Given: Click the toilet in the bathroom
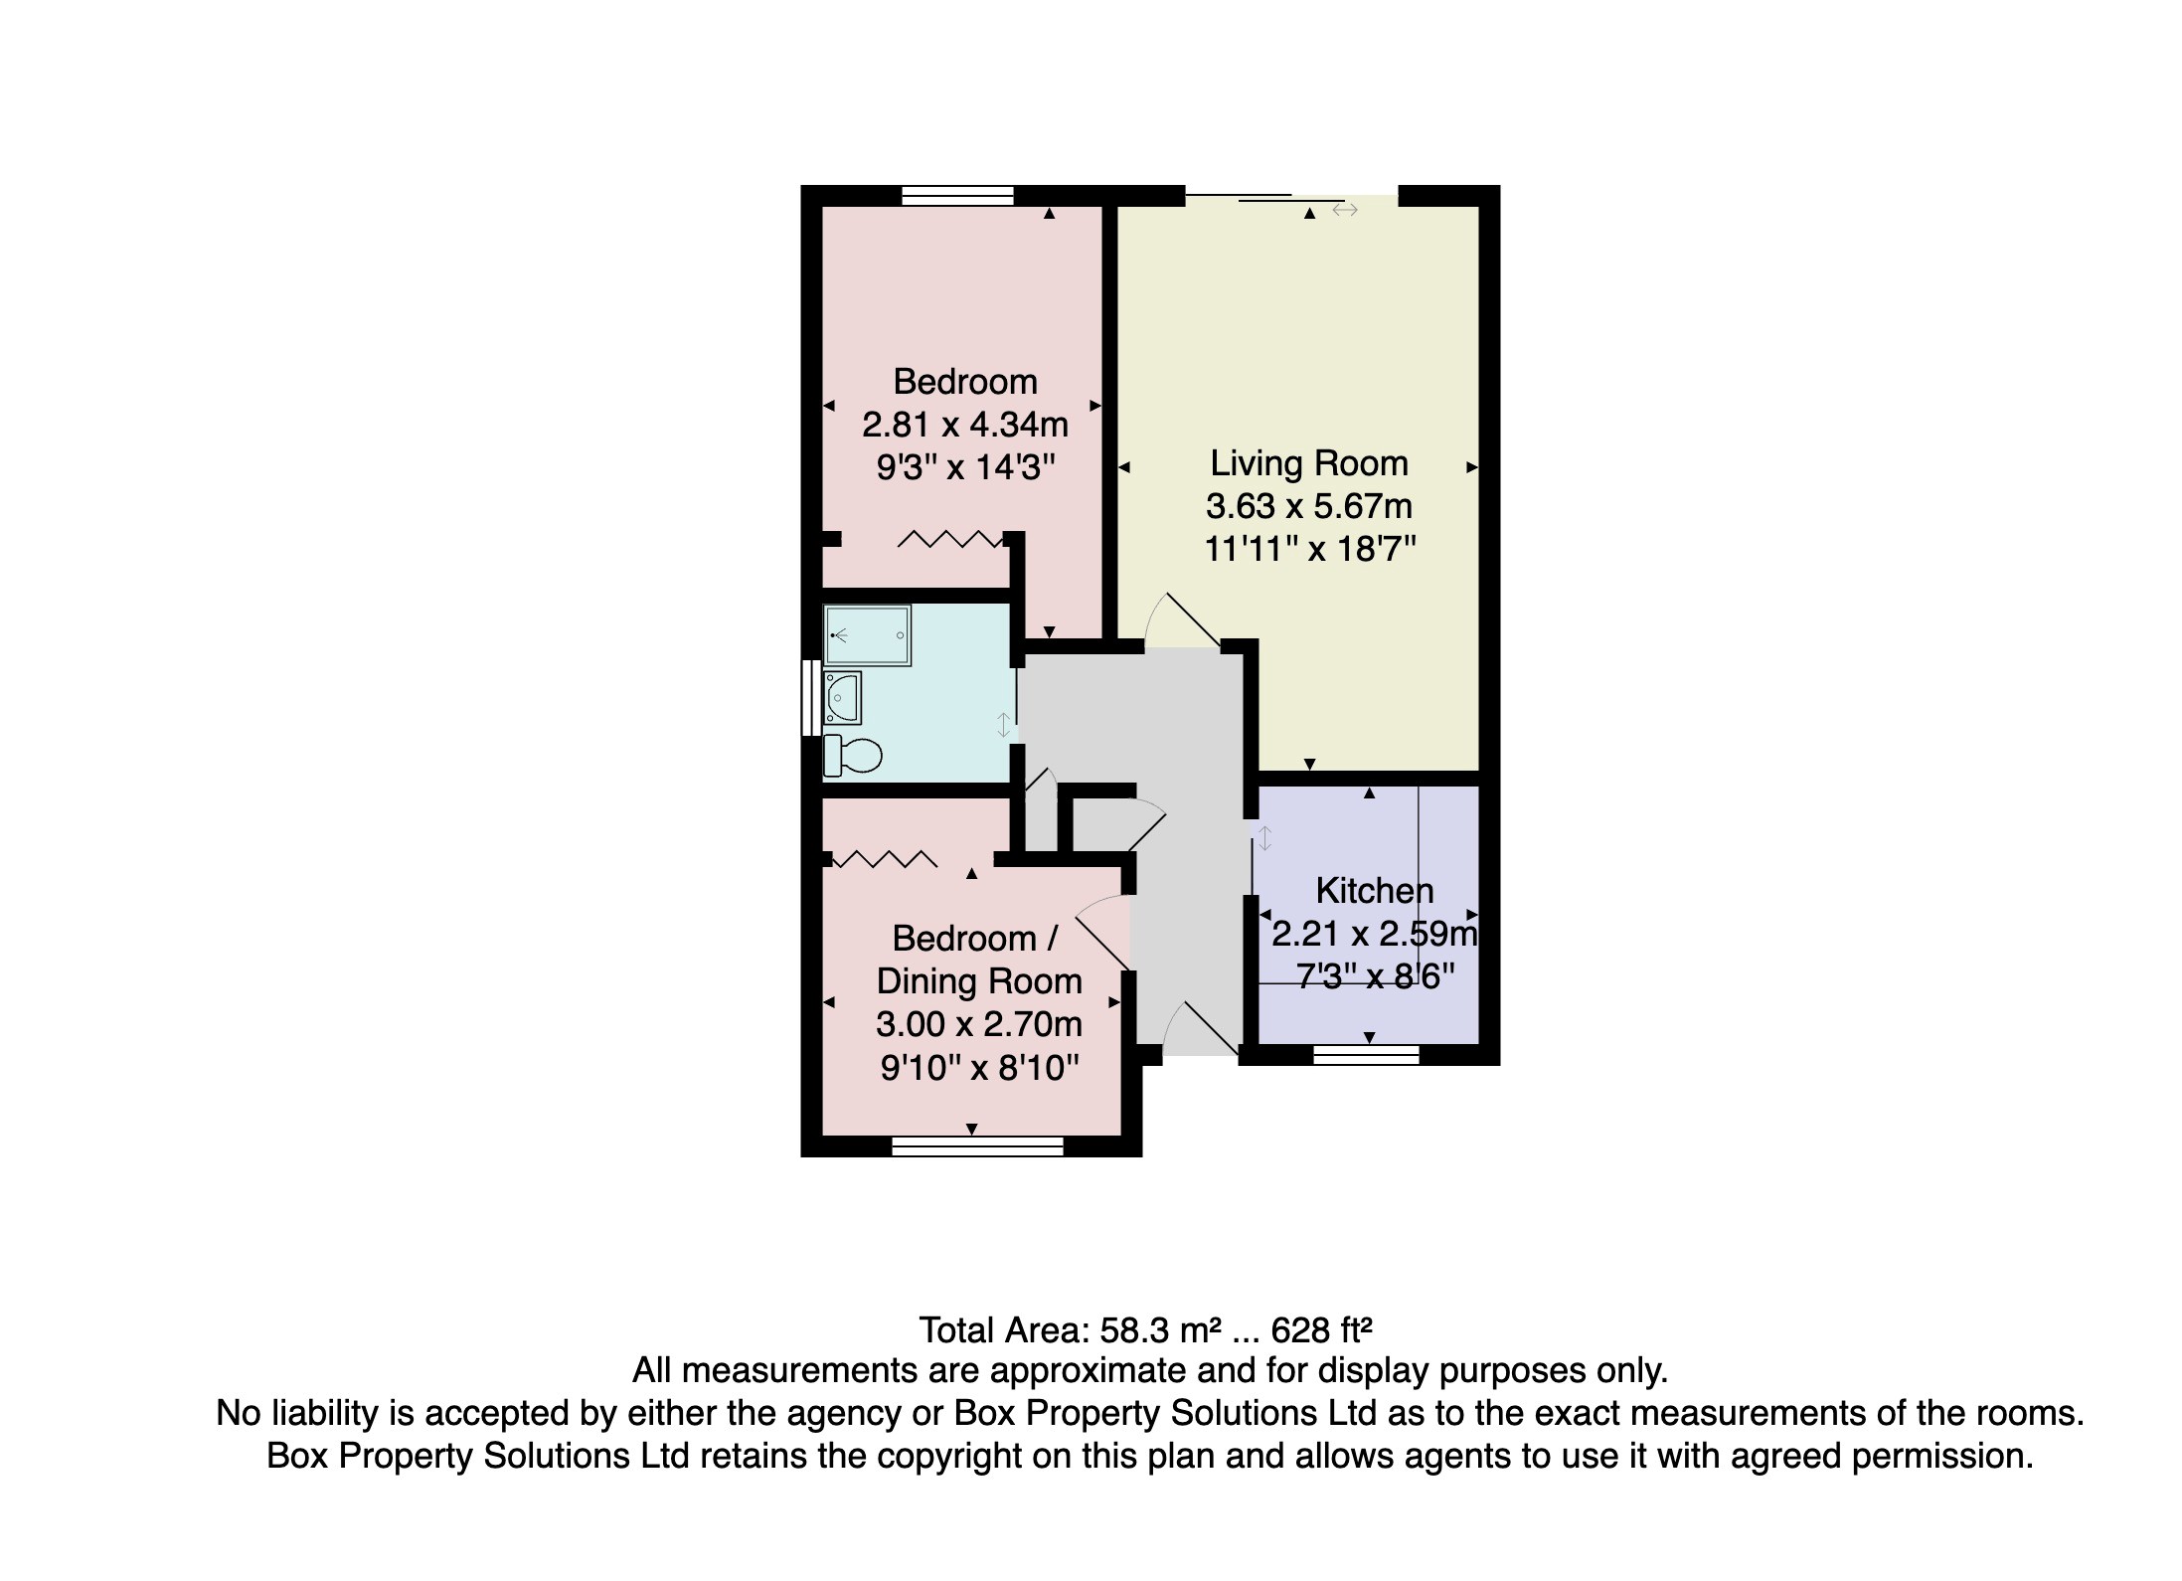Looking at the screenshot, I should point(853,756).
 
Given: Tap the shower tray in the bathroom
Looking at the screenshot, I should point(867,635).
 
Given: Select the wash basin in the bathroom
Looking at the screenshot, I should point(843,698).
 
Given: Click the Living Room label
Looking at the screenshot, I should point(1308,463).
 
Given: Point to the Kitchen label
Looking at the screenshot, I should point(1374,891).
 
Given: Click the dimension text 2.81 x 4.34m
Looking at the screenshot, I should point(964,426).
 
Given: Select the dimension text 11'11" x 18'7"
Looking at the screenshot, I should point(1309,549).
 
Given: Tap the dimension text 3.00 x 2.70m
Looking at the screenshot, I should point(978,1024).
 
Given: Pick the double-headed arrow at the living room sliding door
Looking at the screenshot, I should point(1344,210).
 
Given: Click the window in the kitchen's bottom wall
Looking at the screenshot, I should point(1365,1055).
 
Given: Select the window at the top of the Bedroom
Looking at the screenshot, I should point(957,195).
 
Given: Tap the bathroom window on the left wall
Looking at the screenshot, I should point(812,698).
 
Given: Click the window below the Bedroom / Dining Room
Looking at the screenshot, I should point(977,1146).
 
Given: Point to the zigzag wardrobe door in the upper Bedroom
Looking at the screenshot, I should point(949,540).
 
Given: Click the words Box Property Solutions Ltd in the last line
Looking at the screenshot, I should point(478,1457).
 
